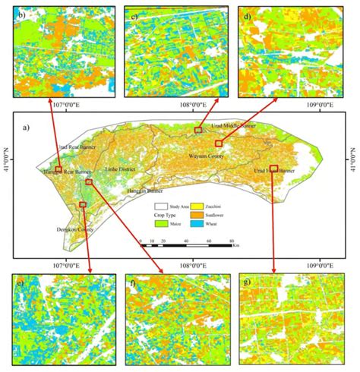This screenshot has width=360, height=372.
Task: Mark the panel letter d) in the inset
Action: (248, 16)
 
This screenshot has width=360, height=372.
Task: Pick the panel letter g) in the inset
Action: (248, 282)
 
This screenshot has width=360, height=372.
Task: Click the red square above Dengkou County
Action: (82, 204)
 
